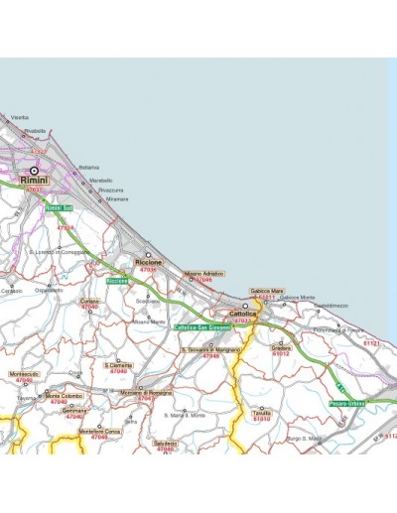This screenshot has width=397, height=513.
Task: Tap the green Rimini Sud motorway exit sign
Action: click(x=60, y=207)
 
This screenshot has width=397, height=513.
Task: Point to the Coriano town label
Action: click(x=90, y=301)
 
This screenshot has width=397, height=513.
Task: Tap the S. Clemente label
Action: click(x=118, y=365)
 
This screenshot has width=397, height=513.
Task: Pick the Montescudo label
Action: click(x=24, y=374)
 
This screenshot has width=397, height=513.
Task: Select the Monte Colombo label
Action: click(x=65, y=396)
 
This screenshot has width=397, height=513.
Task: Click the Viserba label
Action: click(x=19, y=118)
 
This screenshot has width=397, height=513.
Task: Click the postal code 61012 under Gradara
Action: click(x=280, y=354)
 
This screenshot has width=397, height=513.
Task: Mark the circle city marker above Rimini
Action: click(x=35, y=171)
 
